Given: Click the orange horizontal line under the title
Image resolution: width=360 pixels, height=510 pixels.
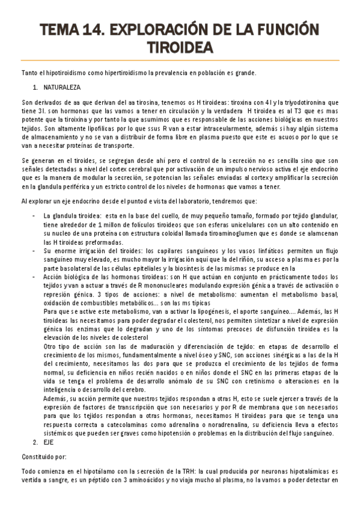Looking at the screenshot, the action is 180,61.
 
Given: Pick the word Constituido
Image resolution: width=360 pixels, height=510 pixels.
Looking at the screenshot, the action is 37,455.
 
